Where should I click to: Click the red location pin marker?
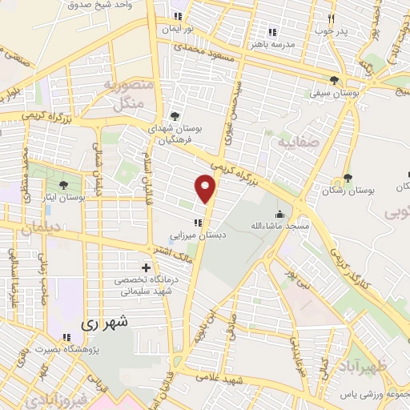coord(206,189)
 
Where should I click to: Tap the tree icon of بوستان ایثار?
coord(63,185)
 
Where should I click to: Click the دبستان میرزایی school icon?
coord(195,223)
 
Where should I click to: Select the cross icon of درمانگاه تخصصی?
coord(145,267)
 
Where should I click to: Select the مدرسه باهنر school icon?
coord(271,32)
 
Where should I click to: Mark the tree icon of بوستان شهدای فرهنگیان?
coord(174,116)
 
